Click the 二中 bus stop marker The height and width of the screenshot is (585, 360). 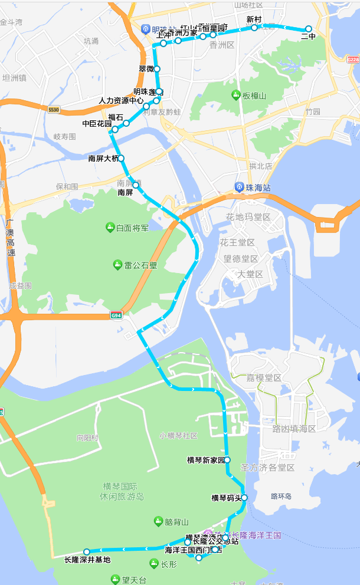308,29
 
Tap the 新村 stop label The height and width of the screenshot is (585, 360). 254,19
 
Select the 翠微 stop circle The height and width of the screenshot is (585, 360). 157,69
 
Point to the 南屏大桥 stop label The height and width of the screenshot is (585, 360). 103,158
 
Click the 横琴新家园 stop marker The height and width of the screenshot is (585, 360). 227,459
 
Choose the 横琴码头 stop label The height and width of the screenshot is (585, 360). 227,498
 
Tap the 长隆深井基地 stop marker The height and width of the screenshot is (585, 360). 86,551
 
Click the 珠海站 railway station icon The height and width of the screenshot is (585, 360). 240,187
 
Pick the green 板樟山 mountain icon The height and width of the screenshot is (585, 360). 236,95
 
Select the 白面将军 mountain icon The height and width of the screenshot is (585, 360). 110,227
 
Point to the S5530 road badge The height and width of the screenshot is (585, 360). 54,110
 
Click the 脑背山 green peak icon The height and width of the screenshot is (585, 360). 158,521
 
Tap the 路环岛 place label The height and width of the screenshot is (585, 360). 281,497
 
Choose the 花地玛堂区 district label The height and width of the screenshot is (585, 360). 248,218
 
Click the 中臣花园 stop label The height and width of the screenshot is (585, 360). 97,124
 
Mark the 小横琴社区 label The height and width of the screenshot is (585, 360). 178,436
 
